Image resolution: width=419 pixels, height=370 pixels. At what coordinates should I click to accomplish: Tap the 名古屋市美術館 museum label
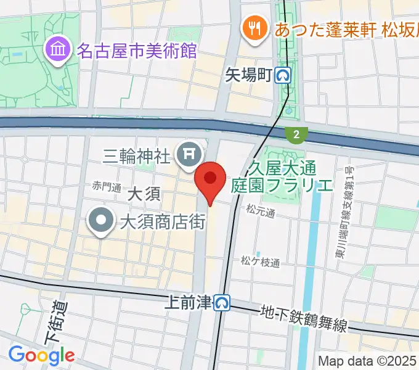tap(136, 49)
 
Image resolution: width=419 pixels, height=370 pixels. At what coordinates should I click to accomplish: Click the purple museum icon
tap(57, 49)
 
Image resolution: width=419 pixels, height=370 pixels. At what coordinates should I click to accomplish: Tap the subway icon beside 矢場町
tap(284, 76)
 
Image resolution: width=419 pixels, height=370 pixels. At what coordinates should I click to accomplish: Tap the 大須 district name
tap(144, 195)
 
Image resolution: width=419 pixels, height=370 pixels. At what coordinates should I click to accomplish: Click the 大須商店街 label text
tap(163, 221)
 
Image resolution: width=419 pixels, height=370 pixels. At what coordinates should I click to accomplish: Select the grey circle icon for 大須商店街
tap(101, 221)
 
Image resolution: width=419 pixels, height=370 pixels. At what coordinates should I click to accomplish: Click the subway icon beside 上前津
tap(222, 302)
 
